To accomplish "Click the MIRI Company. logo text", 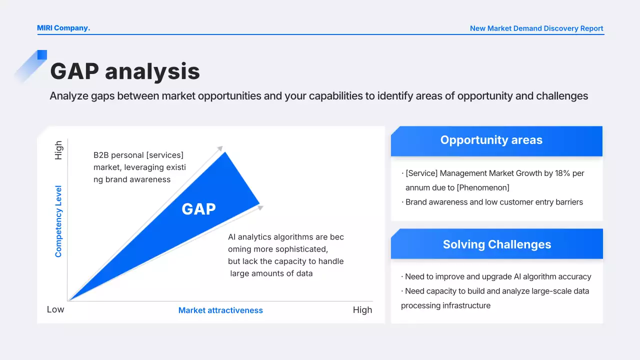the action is pos(63,28).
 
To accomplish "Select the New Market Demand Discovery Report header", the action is pos(536,28).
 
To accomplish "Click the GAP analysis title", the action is pos(125,71).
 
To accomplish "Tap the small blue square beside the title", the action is pos(42,55).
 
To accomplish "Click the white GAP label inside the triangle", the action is pos(199,209).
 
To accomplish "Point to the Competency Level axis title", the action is pos(58,221).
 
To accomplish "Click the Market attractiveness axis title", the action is pos(220,310).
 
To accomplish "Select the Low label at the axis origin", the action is pos(55,309).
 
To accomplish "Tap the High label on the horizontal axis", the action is pos(362,310).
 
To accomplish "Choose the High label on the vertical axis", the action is pos(58,150).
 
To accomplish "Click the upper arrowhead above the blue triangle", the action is pos(220,148).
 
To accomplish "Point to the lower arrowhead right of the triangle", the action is pos(260,207).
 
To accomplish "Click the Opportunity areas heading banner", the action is pos(496,141).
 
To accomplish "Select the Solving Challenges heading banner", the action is pos(497,243).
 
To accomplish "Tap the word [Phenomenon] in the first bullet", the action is pos(483,187).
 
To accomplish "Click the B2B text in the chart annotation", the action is pos(101,155).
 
